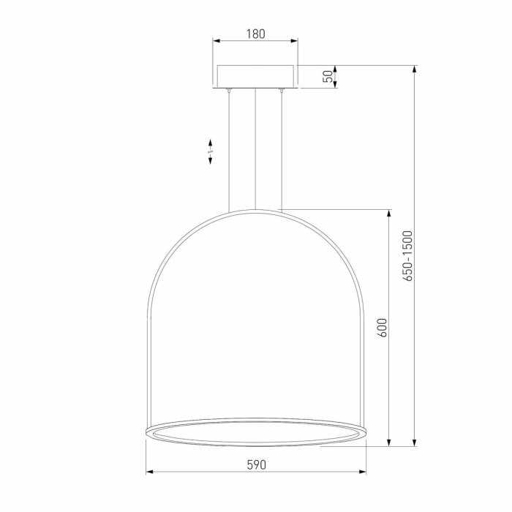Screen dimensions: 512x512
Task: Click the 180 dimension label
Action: tap(256, 34)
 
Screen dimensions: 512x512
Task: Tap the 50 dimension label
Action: tap(329, 76)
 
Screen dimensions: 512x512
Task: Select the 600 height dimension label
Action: tap(382, 328)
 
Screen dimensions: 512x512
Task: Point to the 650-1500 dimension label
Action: tap(407, 256)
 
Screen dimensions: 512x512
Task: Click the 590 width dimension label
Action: tap(256, 464)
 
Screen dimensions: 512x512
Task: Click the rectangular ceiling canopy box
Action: tap(256, 76)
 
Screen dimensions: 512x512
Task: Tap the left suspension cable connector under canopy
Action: tap(229, 90)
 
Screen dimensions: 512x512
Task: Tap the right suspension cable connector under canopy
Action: tap(281, 90)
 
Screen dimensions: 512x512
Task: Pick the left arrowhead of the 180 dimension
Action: tap(217, 41)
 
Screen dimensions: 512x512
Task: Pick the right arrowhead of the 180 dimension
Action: tap(295, 41)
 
